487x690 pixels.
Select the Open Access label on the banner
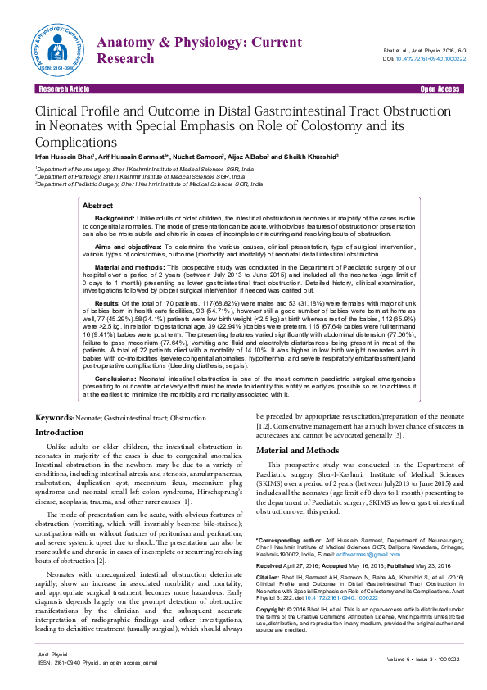click(x=439, y=89)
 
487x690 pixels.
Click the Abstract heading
click(x=98, y=206)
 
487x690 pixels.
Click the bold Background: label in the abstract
click(x=115, y=219)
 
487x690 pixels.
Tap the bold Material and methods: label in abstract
click(x=129, y=267)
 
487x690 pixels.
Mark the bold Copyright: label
click(x=273, y=611)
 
